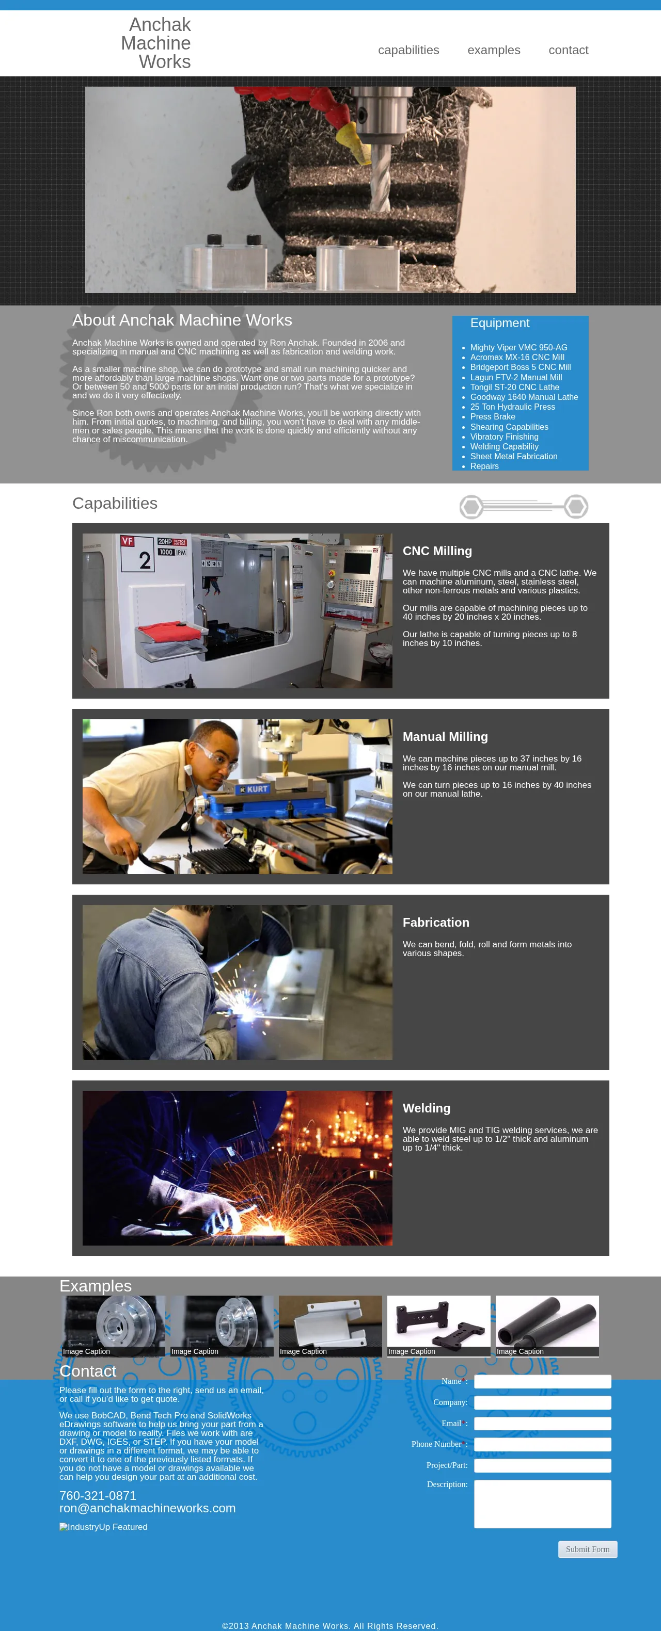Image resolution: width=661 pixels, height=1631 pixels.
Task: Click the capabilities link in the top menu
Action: pos(408,50)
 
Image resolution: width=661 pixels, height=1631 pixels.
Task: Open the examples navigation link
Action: pos(494,50)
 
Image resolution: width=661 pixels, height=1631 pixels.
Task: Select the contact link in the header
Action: pos(569,50)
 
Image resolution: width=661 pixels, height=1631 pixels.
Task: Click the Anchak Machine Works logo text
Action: pos(156,43)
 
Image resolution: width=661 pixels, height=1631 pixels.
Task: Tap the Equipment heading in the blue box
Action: pos(499,323)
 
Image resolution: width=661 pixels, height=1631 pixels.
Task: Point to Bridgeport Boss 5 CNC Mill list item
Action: pos(521,367)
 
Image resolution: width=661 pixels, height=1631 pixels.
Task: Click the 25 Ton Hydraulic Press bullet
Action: pos(512,407)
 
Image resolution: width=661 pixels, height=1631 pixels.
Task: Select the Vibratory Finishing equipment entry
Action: pos(504,437)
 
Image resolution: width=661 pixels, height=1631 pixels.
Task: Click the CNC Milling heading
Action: pos(437,551)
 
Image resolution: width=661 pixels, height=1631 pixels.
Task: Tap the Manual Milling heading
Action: pos(445,736)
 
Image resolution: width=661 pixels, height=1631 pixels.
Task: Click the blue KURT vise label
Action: pos(254,789)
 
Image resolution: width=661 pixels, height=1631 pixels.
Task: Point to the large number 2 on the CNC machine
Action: pos(145,560)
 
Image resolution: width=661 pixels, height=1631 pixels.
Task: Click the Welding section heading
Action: pos(427,1108)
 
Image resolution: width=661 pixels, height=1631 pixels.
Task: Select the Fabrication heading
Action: pos(436,923)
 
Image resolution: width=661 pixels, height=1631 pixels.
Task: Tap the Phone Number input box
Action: pos(543,1444)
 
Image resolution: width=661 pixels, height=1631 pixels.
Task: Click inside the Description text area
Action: pos(543,1504)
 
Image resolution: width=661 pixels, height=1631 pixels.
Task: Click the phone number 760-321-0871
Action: pos(98,1495)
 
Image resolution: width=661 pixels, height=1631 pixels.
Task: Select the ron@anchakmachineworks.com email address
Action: pos(147,1508)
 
